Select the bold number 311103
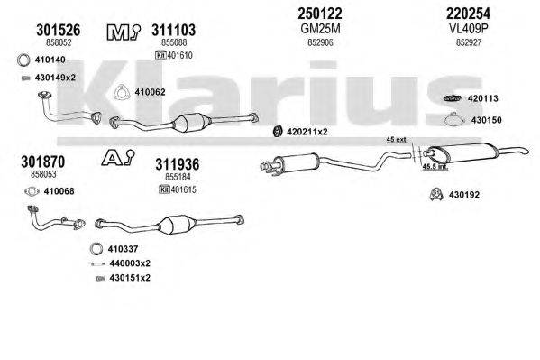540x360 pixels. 169,31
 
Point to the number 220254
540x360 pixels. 469,14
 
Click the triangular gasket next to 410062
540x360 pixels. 118,90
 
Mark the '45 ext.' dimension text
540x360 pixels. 397,139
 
